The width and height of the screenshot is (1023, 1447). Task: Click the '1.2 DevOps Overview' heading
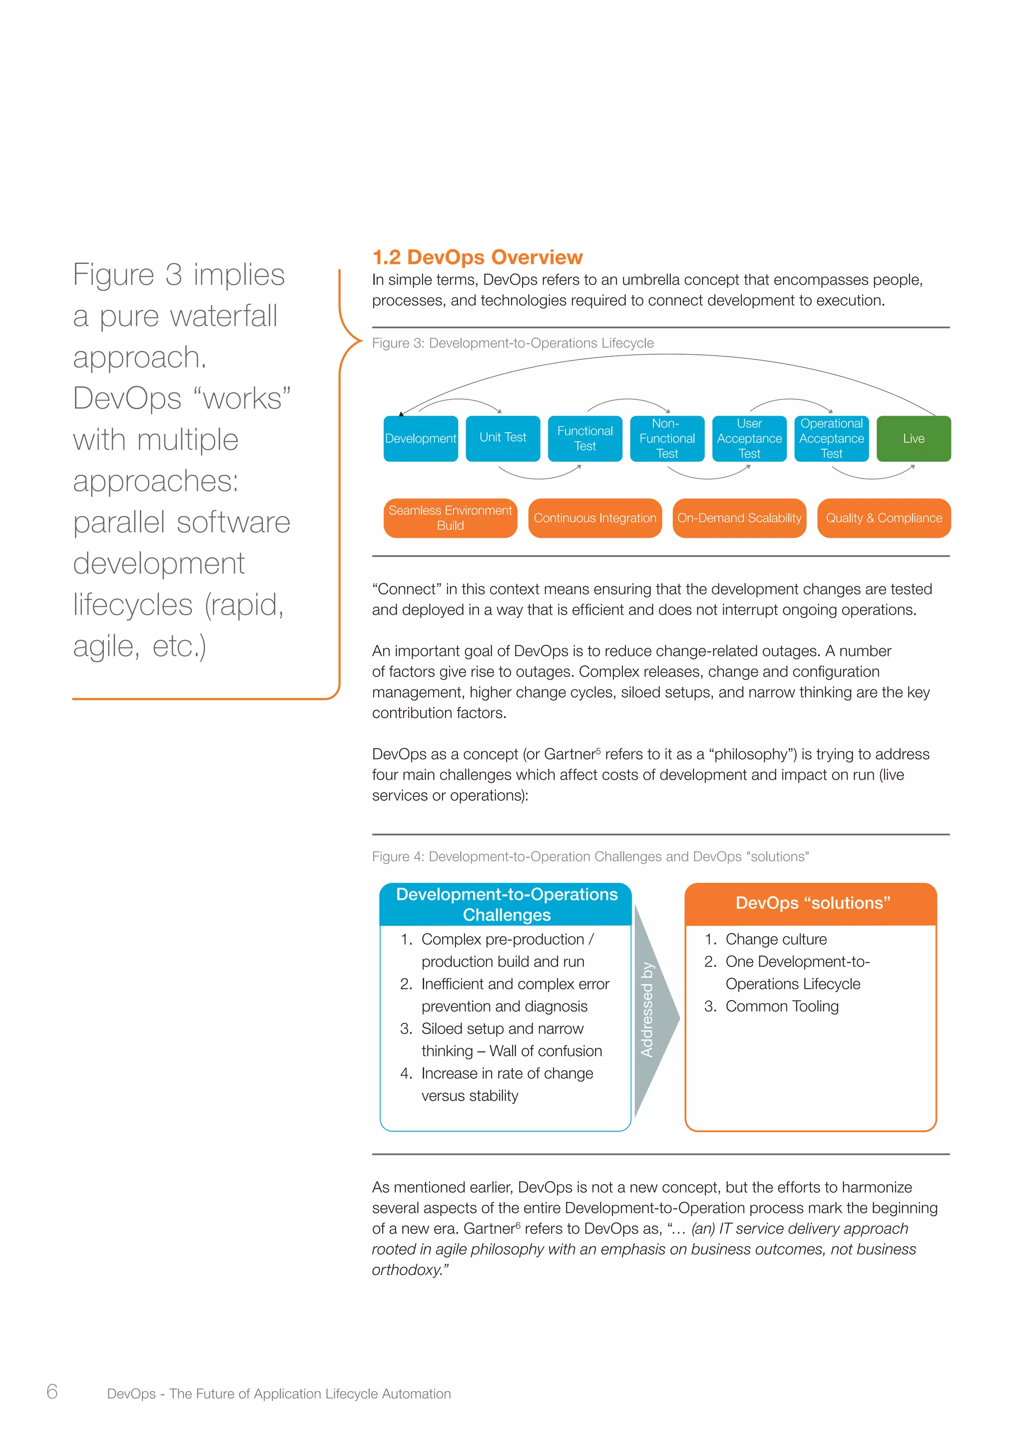pos(478,257)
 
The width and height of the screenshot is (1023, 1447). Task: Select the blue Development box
pos(421,439)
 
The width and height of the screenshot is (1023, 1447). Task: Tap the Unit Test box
pos(503,438)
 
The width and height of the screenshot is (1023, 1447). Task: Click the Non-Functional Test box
pos(667,439)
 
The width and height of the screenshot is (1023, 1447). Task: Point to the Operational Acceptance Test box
pos(832,439)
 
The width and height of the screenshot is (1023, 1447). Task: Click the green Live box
pos(914,439)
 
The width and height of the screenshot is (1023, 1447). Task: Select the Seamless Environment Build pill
pos(451,518)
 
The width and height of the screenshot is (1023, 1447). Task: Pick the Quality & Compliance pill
pos(884,518)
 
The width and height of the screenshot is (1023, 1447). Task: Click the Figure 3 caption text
pos(513,343)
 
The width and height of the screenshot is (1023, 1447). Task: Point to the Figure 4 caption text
pos(590,856)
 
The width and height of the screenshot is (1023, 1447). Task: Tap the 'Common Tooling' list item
pos(782,1006)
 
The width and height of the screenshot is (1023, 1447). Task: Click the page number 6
pos(52,1391)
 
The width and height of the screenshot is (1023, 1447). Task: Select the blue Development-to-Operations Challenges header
pos(506,904)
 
